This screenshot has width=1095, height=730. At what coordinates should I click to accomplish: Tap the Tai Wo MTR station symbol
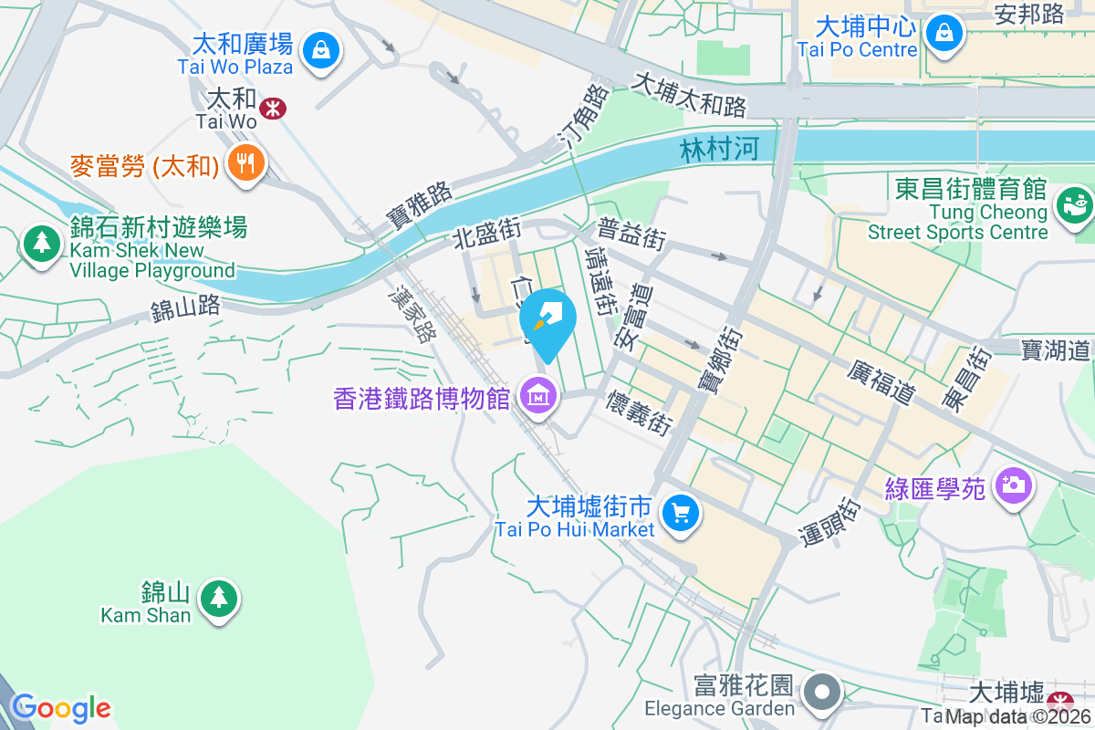pyautogui.click(x=271, y=109)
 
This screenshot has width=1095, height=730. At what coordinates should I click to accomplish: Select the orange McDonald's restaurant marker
pyautogui.click(x=245, y=163)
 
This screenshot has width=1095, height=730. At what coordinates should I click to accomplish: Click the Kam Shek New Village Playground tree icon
pyautogui.click(x=40, y=244)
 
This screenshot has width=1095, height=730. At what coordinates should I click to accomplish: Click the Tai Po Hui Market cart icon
pyautogui.click(x=680, y=513)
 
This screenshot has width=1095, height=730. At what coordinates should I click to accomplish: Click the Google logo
pyautogui.click(x=60, y=707)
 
